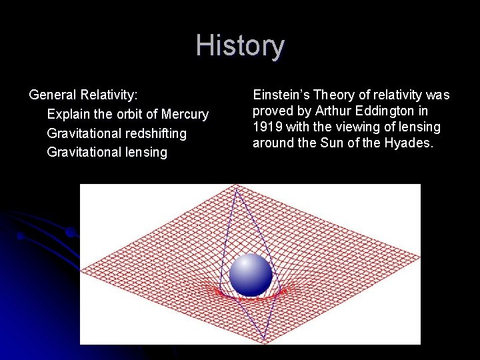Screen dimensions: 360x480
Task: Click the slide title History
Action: click(240, 46)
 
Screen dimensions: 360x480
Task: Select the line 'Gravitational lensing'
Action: click(107, 152)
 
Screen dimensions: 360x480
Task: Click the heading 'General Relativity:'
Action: click(83, 95)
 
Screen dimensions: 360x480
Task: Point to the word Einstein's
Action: click(281, 95)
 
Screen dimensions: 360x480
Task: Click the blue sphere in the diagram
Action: click(251, 275)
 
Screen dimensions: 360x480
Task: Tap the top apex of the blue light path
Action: click(235, 189)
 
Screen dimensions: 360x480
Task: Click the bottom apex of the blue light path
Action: click(265, 340)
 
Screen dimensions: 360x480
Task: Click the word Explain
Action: click(68, 115)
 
